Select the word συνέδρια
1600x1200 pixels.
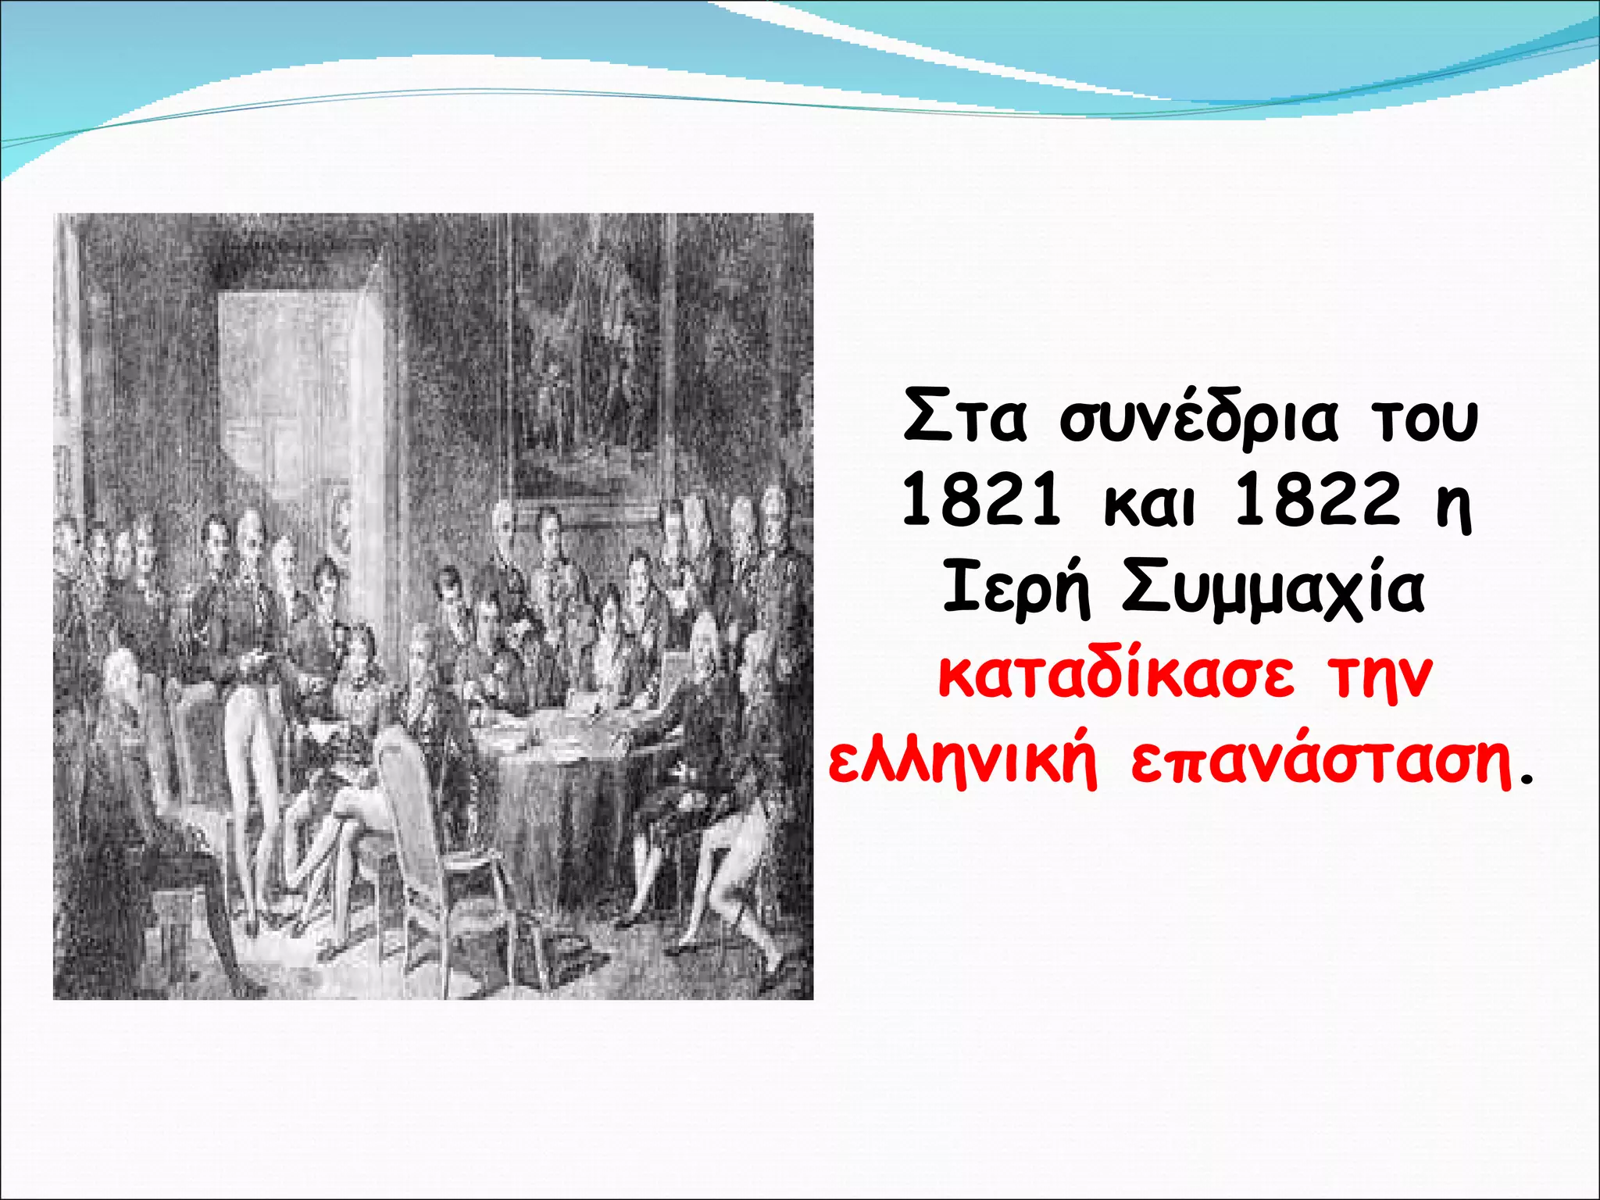point(1199,420)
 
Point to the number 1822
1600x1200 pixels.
point(1316,502)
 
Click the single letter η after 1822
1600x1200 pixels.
point(1454,508)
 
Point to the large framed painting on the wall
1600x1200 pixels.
point(586,352)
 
